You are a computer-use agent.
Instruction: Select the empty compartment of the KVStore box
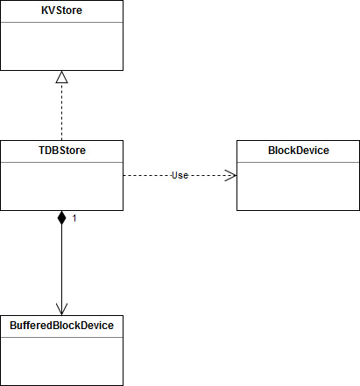point(61,46)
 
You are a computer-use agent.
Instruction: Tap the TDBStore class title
point(61,151)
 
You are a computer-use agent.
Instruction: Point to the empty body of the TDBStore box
point(61,186)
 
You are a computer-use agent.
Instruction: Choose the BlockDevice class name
point(298,151)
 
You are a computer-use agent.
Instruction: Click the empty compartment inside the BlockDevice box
point(298,186)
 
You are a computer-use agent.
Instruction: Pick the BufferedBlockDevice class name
point(61,326)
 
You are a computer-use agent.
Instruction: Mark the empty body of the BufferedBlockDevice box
point(61,361)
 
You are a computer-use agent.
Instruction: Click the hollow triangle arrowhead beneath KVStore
point(61,78)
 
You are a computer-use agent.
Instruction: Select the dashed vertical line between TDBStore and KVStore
point(61,112)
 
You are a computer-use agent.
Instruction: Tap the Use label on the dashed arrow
point(180,175)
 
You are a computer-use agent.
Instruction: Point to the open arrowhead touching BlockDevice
point(230,175)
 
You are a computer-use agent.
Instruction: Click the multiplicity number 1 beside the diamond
point(74,218)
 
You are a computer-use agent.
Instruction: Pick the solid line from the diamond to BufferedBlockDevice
point(61,263)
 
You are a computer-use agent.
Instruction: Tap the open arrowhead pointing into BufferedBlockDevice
point(61,309)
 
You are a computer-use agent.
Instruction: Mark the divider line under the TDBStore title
point(61,161)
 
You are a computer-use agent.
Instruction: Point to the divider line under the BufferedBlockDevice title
point(61,336)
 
